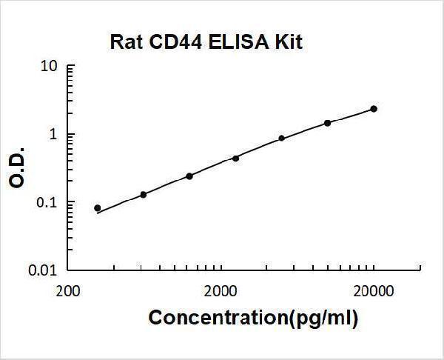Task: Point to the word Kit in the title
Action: [288, 41]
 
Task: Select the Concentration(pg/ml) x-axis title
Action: [253, 319]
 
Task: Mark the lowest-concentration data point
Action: [98, 208]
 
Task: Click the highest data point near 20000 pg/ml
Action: [374, 109]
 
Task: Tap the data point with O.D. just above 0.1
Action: [144, 194]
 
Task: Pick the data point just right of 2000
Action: [235, 158]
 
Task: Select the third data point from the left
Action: [189, 176]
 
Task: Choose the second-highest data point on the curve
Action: [327, 123]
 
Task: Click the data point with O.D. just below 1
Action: [281, 138]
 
